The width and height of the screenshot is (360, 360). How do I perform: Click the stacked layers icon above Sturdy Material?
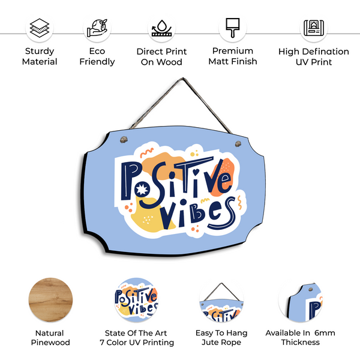pyautogui.click(x=40, y=28)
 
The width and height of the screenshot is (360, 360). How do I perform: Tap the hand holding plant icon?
pyautogui.click(x=97, y=28)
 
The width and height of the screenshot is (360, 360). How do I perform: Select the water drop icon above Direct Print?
pyautogui.click(x=161, y=28)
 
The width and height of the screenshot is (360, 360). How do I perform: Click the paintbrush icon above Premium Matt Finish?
pyautogui.click(x=233, y=28)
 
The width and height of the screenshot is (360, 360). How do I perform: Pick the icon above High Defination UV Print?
pyautogui.click(x=314, y=28)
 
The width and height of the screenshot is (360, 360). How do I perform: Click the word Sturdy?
pyautogui.click(x=40, y=51)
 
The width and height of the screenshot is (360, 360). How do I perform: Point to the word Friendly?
pyautogui.click(x=97, y=62)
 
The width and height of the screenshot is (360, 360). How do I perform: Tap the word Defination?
pyautogui.click(x=326, y=52)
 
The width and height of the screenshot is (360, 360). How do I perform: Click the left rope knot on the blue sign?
pyautogui.click(x=124, y=139)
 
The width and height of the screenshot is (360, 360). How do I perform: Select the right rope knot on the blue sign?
pyautogui.click(x=238, y=144)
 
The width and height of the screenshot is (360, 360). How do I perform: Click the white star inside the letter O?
pyautogui.click(x=142, y=189)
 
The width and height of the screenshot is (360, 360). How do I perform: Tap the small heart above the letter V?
pyautogui.click(x=196, y=171)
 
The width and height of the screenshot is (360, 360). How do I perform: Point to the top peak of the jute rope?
pyautogui.click(x=183, y=79)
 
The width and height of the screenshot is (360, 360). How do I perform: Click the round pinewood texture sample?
pyautogui.click(x=50, y=299)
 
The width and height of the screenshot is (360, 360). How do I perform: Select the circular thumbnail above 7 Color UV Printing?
pyautogui.click(x=136, y=299)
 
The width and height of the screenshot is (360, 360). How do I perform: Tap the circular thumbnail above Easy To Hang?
pyautogui.click(x=221, y=301)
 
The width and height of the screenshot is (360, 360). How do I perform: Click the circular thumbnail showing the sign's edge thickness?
pyautogui.click(x=301, y=301)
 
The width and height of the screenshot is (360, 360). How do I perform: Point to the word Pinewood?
pyautogui.click(x=50, y=343)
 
